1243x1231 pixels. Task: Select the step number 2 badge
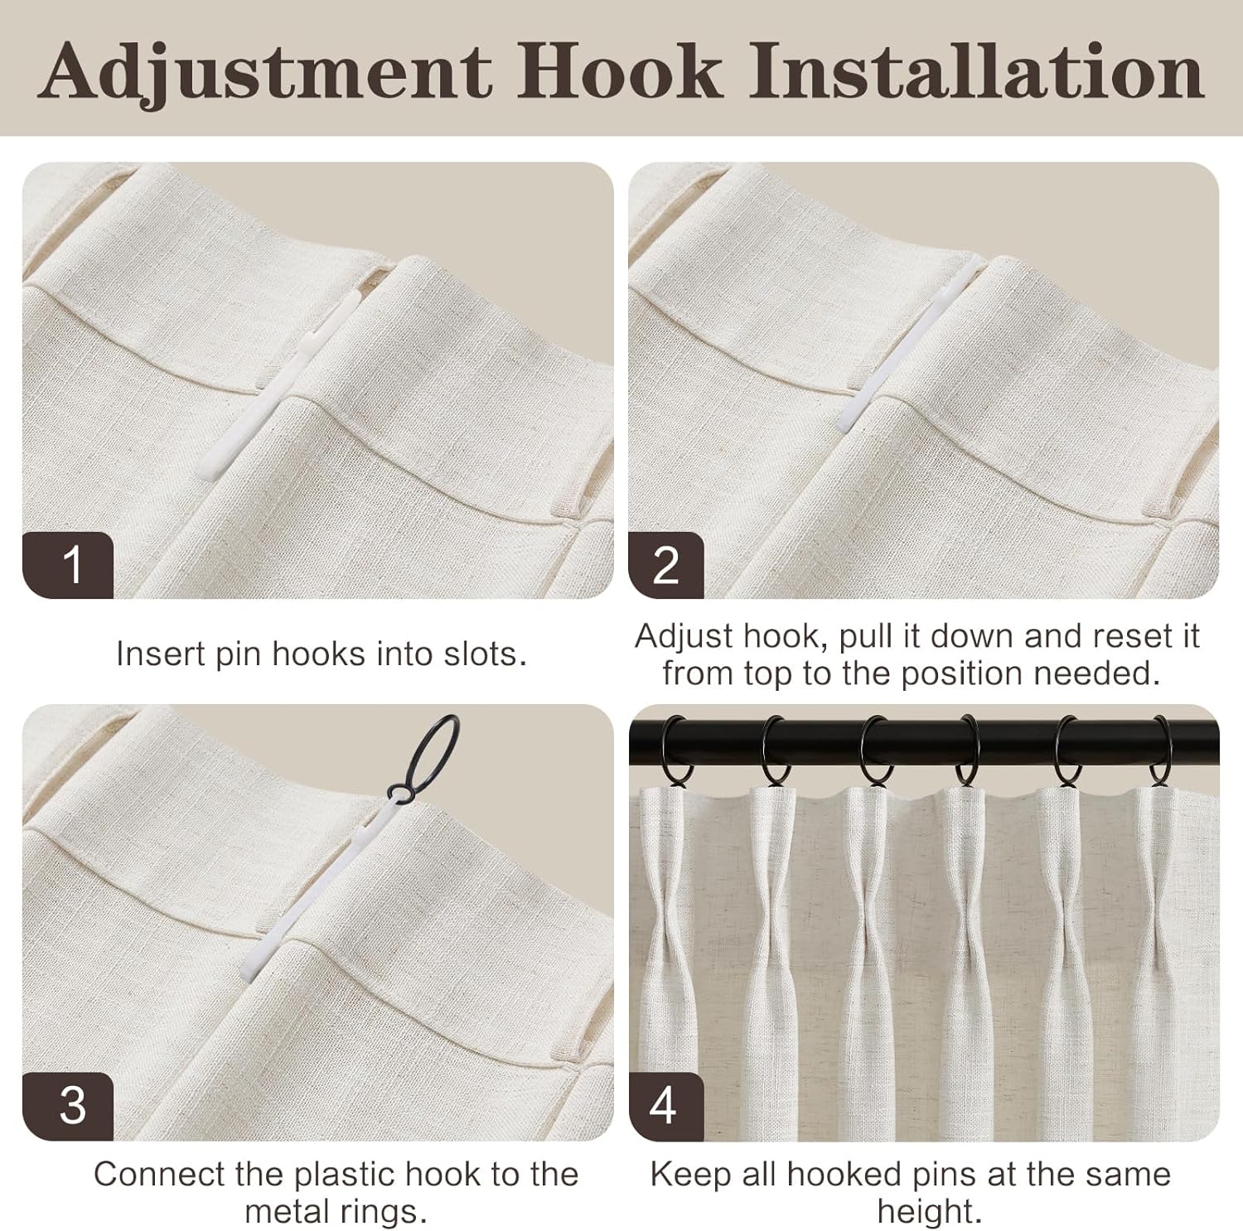666,565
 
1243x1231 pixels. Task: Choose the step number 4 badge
666,1106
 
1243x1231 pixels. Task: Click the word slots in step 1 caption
485,654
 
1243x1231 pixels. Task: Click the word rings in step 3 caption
388,1211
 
